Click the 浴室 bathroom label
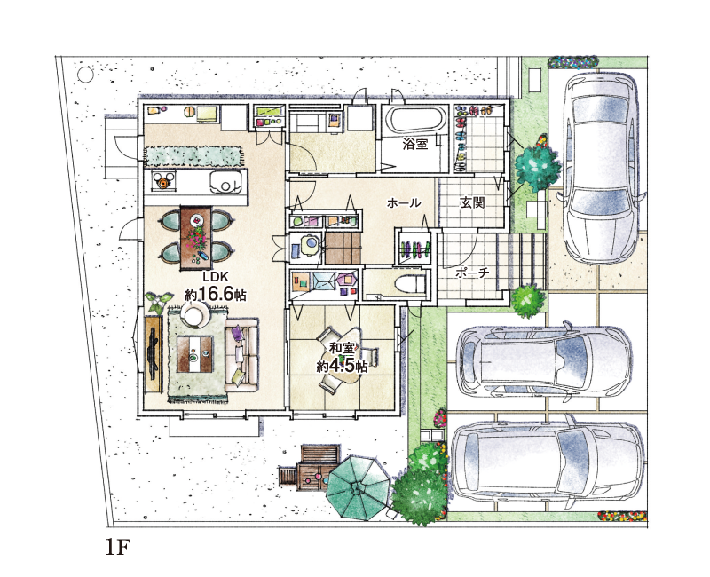(415, 145)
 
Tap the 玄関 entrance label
(472, 202)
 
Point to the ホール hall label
(404, 202)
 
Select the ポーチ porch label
(472, 273)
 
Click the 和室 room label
(342, 348)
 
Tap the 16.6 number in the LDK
(215, 295)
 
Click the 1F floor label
(118, 548)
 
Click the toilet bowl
(410, 284)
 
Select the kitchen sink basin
(225, 182)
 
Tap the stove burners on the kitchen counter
(163, 180)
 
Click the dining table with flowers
(195, 237)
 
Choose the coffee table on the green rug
(194, 354)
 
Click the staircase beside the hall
(343, 248)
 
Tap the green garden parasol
(358, 488)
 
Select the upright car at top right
(601, 167)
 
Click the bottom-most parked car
(548, 462)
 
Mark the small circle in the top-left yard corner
(85, 75)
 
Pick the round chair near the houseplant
(195, 313)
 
